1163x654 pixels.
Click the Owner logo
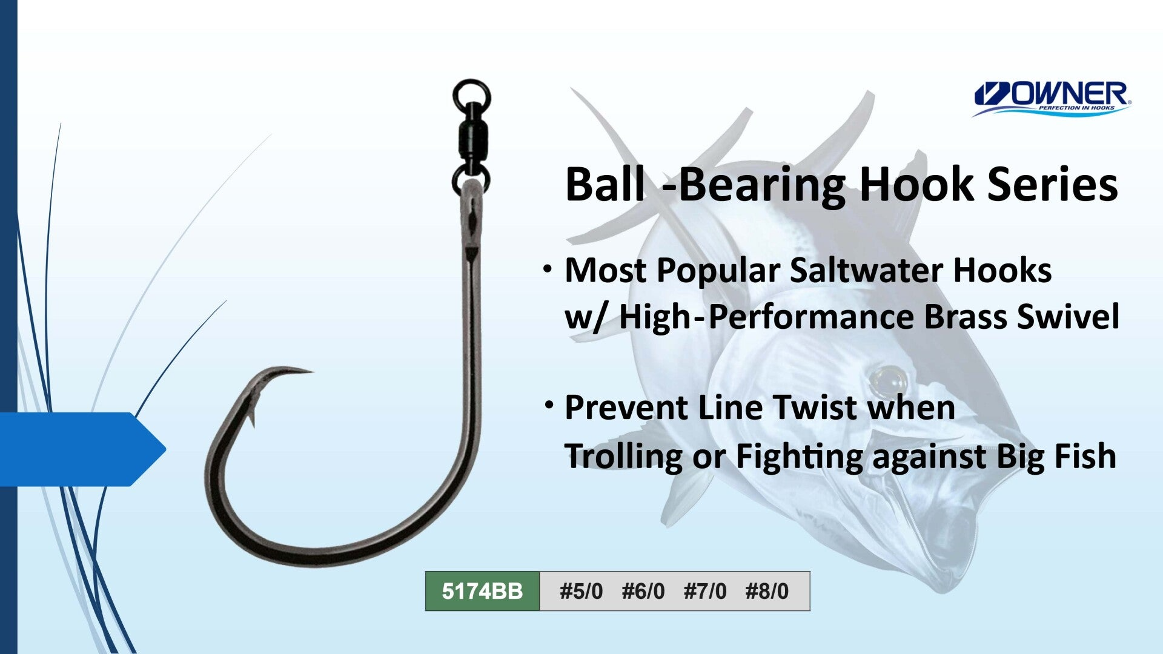tap(1052, 99)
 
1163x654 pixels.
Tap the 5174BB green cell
tap(482, 591)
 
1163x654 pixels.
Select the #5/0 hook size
tap(581, 591)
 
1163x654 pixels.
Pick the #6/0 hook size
tap(643, 591)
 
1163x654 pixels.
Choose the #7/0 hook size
tap(705, 591)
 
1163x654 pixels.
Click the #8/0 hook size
tap(767, 591)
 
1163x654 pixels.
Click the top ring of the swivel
tap(471, 96)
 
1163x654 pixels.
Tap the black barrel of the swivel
tap(471, 139)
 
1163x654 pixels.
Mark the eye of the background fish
tap(886, 380)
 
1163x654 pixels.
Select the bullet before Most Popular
tap(548, 268)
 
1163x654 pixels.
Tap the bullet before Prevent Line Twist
tap(549, 405)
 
